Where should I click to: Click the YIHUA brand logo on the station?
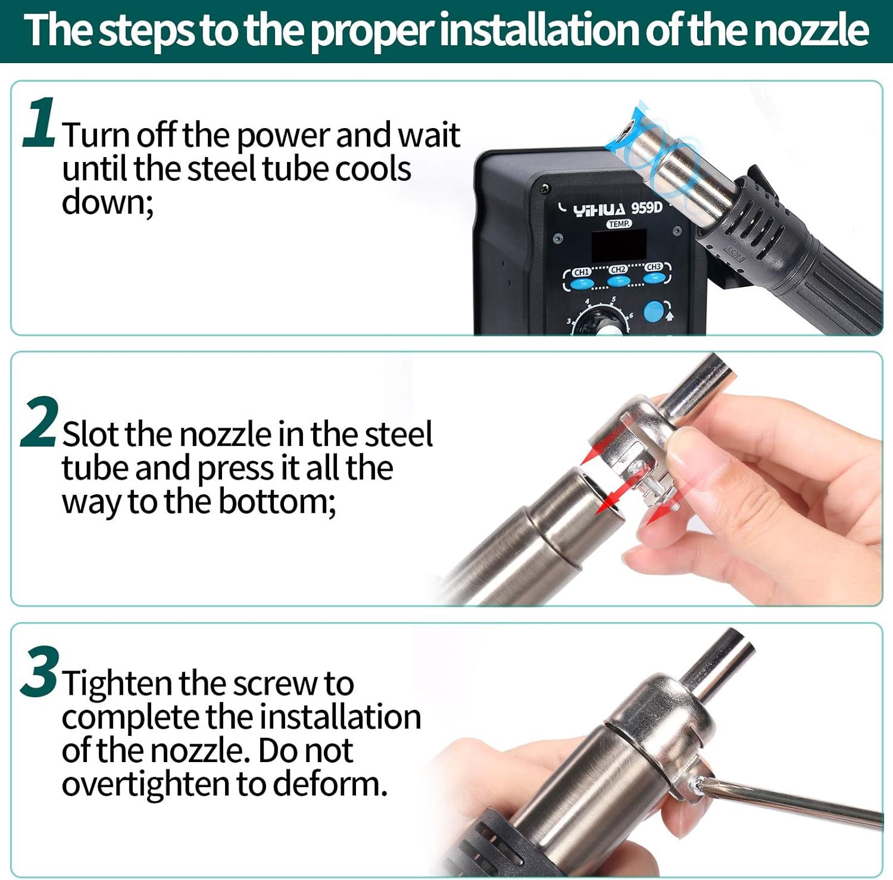pyautogui.click(x=599, y=210)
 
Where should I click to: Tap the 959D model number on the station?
pyautogui.click(x=647, y=208)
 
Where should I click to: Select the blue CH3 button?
pyautogui.click(x=654, y=277)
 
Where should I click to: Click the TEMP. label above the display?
pyautogui.click(x=619, y=224)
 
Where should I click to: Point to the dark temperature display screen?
pyautogui.click(x=619, y=246)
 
